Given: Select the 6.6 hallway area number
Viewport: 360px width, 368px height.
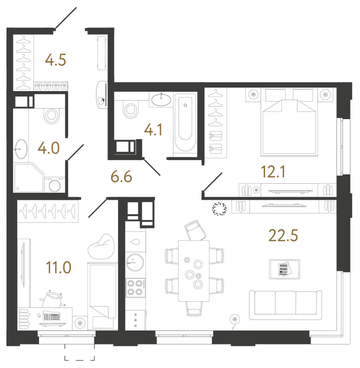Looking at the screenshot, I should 120,177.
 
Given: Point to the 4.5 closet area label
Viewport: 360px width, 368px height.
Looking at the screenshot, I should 55,60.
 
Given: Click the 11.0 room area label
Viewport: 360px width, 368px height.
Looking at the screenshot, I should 58,267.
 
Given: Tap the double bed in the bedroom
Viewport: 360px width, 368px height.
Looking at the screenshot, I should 289,125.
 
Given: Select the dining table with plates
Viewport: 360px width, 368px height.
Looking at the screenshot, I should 193,270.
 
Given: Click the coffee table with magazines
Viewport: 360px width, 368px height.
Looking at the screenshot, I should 284,269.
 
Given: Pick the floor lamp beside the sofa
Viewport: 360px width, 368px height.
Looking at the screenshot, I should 233,318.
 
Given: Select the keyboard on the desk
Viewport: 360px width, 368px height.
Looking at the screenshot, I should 52,316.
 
